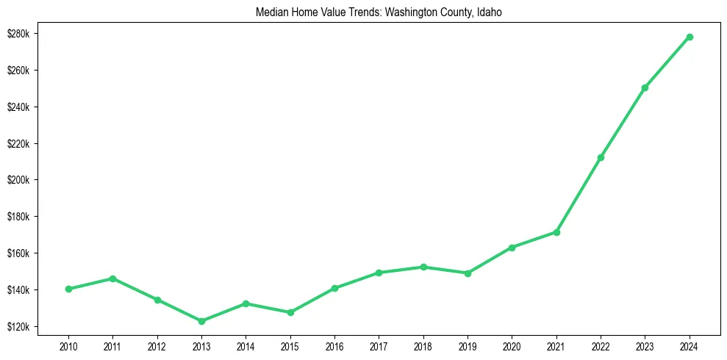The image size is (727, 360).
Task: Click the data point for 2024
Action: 690,37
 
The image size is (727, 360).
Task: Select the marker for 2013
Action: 201,321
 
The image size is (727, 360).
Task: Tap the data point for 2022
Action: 601,157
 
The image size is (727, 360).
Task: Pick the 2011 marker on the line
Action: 112,278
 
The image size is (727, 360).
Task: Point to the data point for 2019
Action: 468,273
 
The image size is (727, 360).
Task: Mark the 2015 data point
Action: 290,312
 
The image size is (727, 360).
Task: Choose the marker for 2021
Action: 556,232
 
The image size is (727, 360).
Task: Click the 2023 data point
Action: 645,87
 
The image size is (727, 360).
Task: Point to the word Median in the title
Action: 271,12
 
